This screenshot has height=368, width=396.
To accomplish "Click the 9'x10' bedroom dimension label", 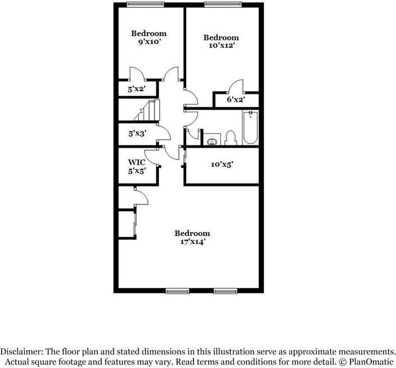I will (149, 42).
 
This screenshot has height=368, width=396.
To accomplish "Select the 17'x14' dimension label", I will (192, 242).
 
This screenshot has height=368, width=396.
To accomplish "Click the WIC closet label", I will (137, 162).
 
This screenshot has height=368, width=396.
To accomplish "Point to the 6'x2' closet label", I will (235, 100).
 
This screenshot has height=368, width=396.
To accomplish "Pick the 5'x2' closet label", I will (137, 89).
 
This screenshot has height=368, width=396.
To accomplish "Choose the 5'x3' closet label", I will (137, 134).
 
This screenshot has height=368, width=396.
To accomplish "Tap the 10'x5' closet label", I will (222, 165).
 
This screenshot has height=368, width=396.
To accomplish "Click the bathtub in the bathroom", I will (250, 128).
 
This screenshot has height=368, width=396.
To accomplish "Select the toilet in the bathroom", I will (230, 138).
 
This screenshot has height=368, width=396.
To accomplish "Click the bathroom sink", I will (212, 140).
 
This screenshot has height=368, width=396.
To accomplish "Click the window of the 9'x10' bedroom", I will (141, 6).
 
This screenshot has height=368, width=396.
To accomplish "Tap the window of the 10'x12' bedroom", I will (219, 6).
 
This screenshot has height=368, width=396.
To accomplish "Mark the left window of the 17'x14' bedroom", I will (177, 290).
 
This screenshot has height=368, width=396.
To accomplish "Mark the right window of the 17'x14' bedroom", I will (226, 290).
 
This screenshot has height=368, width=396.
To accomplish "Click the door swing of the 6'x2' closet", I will (236, 86).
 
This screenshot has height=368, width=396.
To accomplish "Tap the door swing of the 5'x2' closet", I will (138, 74).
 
